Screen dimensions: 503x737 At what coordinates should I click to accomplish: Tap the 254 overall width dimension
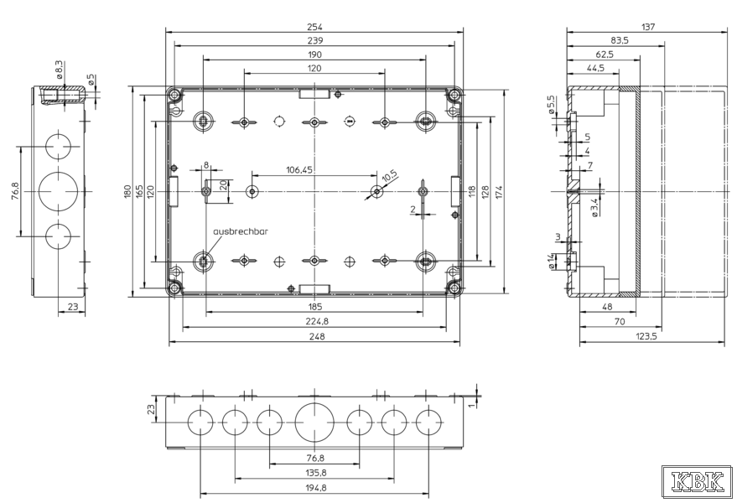[314, 27]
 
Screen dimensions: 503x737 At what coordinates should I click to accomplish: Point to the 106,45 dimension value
[298, 169]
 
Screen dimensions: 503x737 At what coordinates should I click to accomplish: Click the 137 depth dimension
[647, 27]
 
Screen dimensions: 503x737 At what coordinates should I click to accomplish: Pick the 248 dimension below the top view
[314, 337]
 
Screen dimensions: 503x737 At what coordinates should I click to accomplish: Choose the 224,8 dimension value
[314, 322]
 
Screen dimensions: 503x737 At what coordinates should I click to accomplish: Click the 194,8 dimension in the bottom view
[314, 489]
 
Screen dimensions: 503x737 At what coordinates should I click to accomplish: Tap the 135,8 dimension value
[314, 474]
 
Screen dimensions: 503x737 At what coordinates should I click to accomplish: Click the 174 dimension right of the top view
[497, 191]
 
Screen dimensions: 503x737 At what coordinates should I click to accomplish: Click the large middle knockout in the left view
[59, 191]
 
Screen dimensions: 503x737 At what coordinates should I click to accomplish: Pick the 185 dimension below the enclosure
[314, 307]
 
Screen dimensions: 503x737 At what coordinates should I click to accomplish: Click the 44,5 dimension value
[596, 68]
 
